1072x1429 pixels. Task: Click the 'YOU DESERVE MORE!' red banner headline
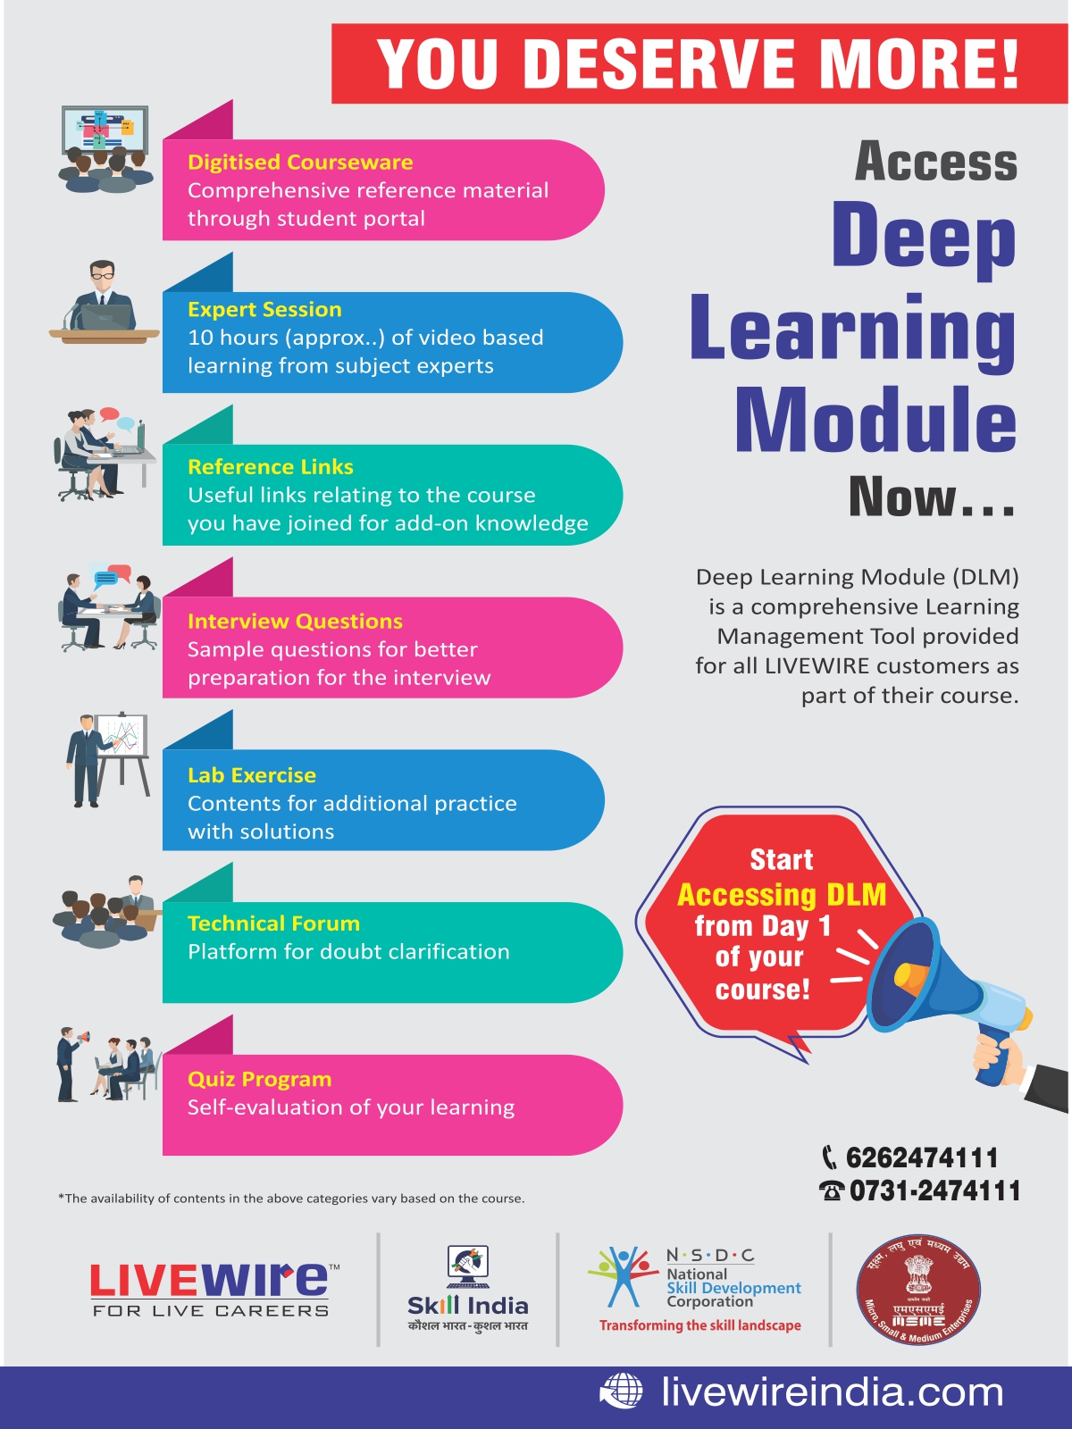coord(699,64)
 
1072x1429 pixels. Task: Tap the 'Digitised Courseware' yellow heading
coord(300,163)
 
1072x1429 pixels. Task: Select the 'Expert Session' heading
coord(264,310)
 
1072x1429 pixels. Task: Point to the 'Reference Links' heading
coord(271,467)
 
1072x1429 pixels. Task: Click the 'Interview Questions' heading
coord(295,622)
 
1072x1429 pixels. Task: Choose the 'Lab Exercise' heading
coord(252,775)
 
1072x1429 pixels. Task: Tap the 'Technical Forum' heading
coord(273,923)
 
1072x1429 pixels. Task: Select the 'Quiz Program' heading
coord(259,1079)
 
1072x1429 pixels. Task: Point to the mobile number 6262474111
coord(921,1158)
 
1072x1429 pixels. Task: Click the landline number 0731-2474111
coord(934,1191)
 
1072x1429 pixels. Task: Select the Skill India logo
coord(468,1291)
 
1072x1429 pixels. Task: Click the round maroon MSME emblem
coord(918,1291)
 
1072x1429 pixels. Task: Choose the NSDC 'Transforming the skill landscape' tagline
coord(699,1325)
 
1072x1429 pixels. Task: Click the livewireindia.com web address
coord(833,1392)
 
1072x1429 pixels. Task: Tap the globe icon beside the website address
coord(621,1392)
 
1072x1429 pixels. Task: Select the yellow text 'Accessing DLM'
coord(782,895)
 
